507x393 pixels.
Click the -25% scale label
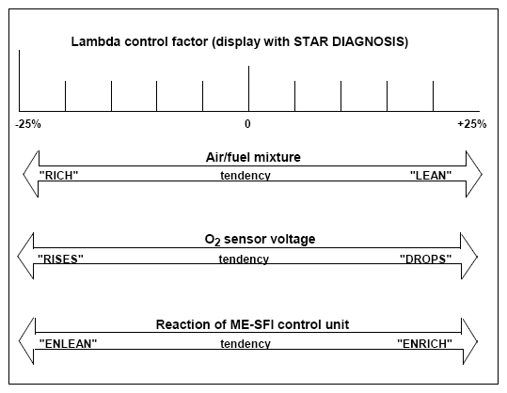28,124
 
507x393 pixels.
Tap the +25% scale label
472,124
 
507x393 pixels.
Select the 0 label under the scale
247,124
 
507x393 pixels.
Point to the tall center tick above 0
248,88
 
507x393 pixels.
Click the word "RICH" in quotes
58,175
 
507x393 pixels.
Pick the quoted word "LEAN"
431,175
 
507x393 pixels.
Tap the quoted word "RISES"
60,259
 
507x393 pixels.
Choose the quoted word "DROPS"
425,259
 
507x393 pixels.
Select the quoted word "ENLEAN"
68,343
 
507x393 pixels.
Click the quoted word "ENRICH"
424,343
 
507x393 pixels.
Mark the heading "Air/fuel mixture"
253,157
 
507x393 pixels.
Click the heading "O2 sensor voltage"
260,240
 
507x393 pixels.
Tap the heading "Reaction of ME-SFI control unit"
252,324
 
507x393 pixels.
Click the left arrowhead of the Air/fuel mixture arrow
31,174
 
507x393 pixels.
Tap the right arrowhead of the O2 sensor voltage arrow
469,257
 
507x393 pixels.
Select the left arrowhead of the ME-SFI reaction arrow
27,341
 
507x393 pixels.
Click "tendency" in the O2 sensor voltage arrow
244,259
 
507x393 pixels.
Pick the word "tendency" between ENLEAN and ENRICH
246,343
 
